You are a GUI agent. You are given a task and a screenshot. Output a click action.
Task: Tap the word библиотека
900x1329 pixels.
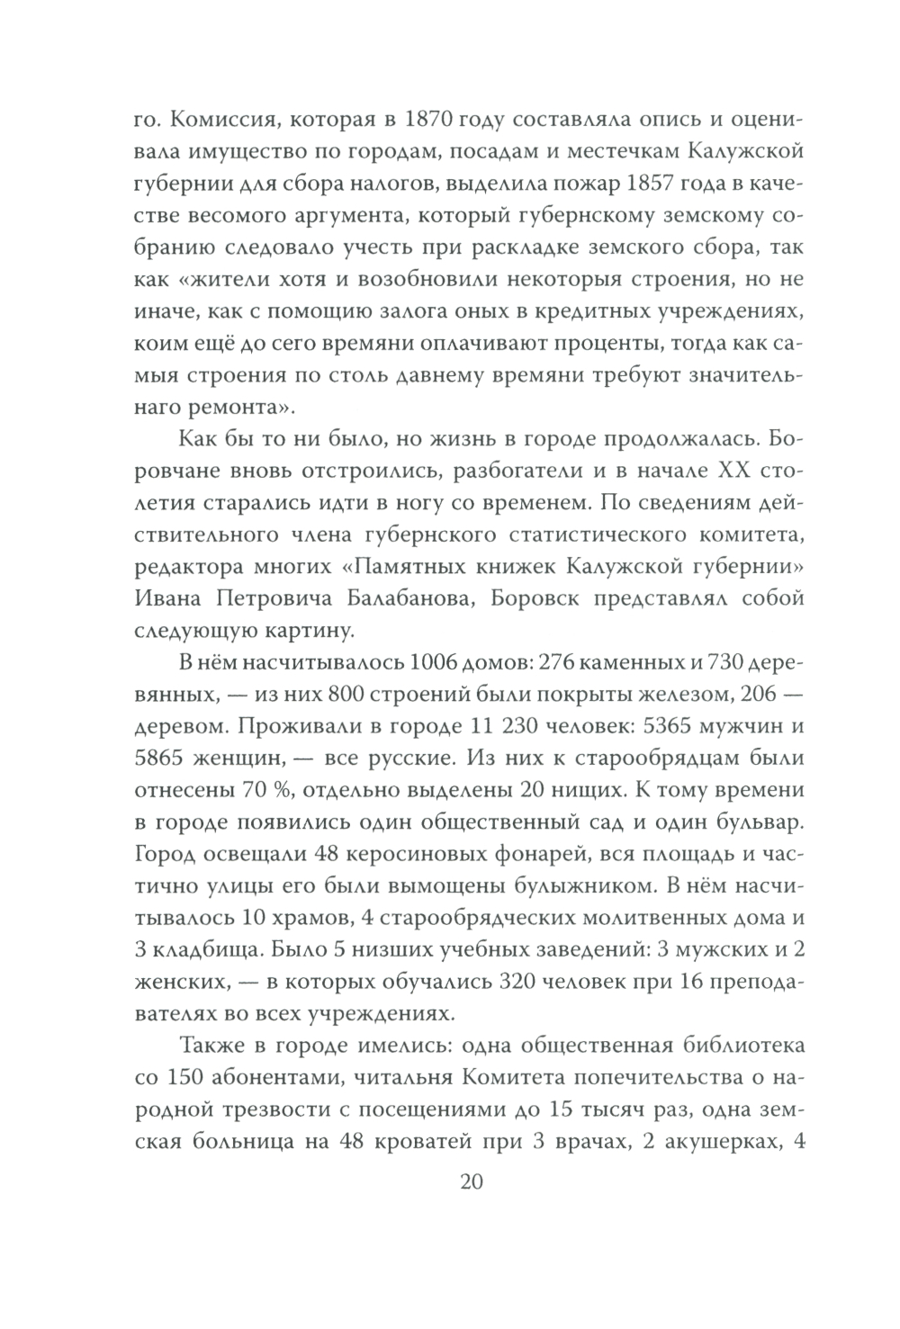click(725, 1047)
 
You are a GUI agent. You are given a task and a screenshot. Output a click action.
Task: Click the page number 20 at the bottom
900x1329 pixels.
click(472, 1181)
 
